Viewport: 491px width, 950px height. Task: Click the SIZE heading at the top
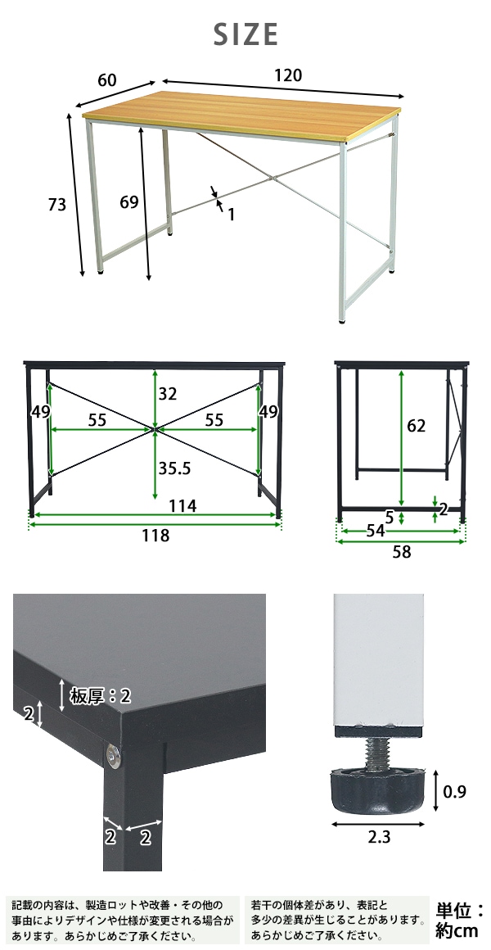[245, 34]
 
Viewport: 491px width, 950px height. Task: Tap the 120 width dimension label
[287, 75]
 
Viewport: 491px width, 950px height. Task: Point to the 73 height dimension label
[57, 205]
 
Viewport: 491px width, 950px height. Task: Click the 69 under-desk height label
[129, 201]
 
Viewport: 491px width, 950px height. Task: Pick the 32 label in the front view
[167, 394]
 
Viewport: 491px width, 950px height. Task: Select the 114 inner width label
[182, 506]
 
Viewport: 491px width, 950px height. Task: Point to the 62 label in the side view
[416, 426]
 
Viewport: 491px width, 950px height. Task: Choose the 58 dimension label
[402, 552]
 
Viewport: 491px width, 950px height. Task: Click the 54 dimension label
[376, 531]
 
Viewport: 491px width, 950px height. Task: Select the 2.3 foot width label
[379, 837]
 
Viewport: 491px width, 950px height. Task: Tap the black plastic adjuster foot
[377, 790]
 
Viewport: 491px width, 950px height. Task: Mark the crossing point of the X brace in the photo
[273, 179]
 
